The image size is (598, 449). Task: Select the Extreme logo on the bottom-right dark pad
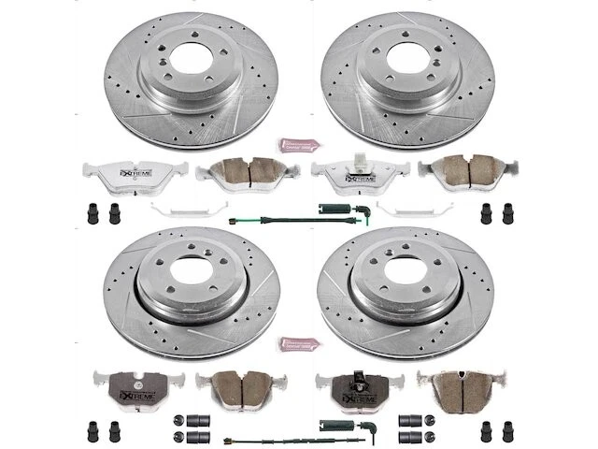358,389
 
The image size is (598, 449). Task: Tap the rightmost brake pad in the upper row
458,171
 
